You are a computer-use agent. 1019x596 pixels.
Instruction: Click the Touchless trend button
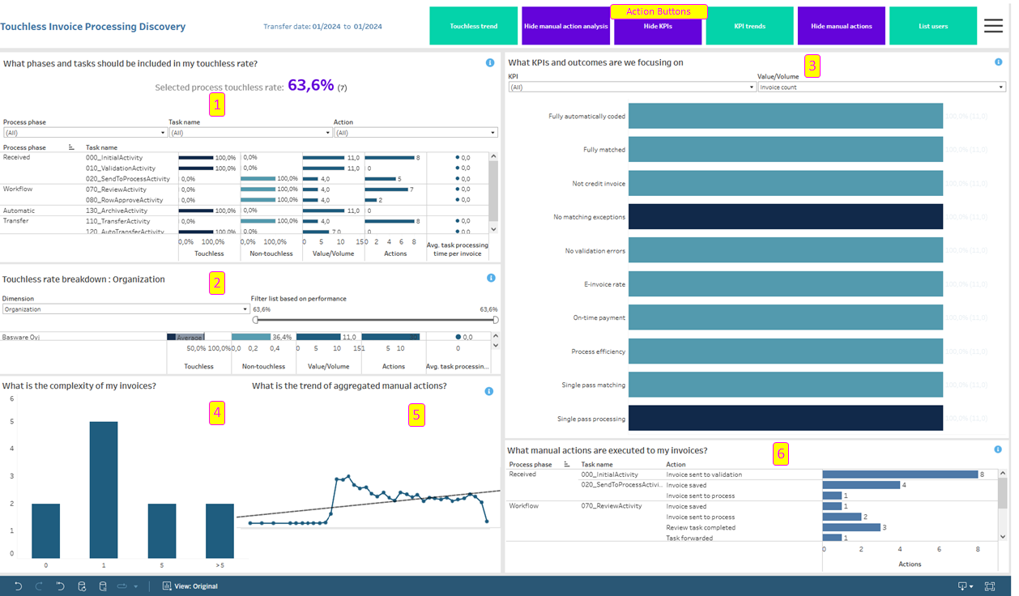473,26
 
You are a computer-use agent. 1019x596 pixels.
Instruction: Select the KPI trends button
749,26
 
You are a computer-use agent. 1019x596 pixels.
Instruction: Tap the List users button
932,26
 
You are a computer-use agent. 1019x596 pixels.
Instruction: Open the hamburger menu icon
993,26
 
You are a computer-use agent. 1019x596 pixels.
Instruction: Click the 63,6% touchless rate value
310,85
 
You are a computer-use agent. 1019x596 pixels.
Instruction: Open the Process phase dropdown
84,133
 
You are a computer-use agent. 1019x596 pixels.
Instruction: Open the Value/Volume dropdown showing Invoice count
881,87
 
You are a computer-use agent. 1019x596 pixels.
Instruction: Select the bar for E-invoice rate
785,284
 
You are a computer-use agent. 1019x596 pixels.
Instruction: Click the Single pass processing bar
785,418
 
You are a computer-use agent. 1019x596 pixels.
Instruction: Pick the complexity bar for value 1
103,489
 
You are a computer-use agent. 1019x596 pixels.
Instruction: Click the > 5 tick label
220,565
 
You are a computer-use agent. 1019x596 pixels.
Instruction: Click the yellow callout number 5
416,415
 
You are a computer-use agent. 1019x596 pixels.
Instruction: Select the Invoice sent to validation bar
899,475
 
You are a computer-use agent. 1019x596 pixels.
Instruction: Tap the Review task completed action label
701,527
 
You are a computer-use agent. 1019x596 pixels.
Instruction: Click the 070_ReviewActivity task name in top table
116,189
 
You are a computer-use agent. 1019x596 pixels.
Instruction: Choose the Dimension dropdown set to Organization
125,309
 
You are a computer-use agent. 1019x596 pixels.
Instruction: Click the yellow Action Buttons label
659,11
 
